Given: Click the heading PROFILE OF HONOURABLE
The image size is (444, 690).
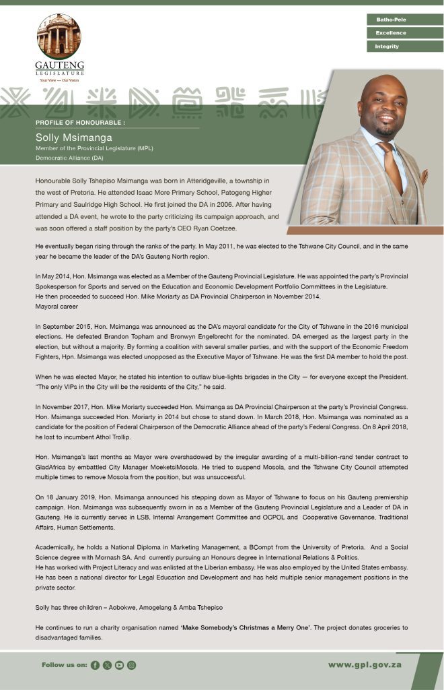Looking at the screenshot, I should click(x=80, y=123).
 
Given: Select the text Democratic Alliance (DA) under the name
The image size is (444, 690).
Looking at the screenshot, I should click(x=65, y=157).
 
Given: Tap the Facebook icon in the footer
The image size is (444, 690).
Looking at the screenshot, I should click(x=95, y=665).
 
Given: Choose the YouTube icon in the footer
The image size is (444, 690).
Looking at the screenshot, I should click(x=119, y=665).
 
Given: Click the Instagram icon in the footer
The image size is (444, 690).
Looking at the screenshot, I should click(x=132, y=665).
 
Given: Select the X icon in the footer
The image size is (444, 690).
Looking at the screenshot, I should click(x=107, y=665).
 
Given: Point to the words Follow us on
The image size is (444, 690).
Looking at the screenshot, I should click(x=65, y=665).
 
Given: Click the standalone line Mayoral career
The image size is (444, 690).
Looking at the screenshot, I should click(x=57, y=306).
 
